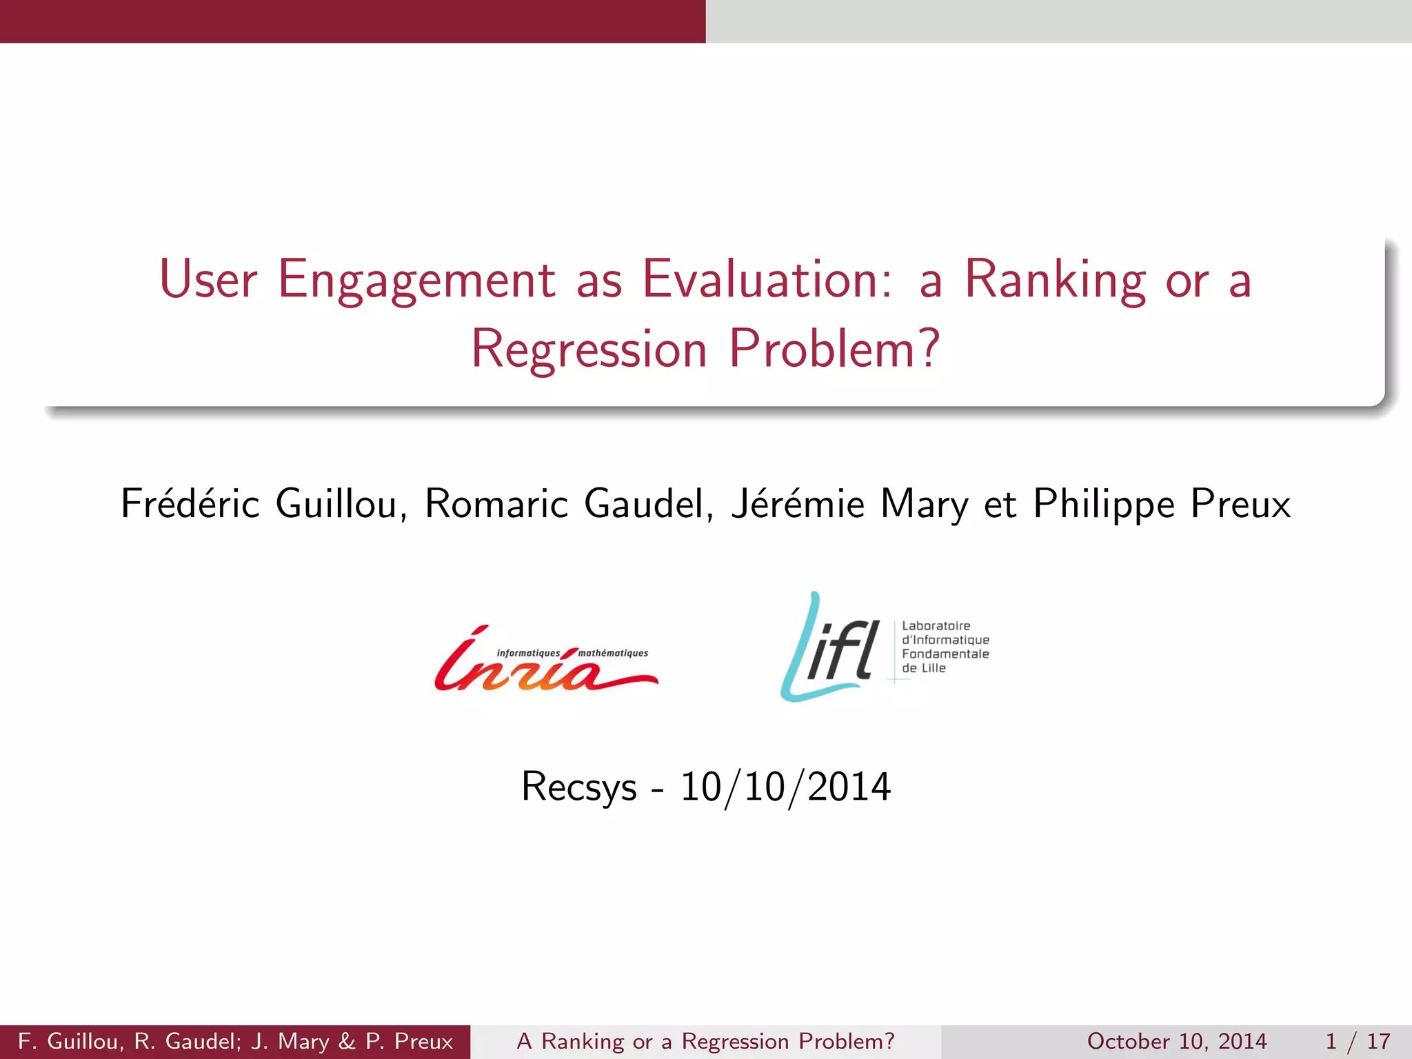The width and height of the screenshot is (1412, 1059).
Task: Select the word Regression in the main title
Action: [589, 350]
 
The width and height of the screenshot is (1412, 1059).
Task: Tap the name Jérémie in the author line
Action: [798, 503]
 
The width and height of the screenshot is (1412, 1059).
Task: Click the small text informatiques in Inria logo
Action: [528, 653]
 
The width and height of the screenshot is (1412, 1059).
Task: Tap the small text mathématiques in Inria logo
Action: [613, 653]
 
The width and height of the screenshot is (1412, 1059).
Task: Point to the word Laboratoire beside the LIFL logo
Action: [936, 626]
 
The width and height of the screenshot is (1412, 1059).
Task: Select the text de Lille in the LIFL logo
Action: [923, 668]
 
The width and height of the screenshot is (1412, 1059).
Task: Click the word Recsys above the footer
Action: [578, 787]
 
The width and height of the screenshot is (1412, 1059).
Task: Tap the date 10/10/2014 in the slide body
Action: [785, 787]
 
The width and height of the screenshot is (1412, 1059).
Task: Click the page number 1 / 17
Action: [1357, 1041]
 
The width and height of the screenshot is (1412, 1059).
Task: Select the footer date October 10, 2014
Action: [1176, 1041]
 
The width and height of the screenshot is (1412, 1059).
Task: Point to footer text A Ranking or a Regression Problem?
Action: [705, 1041]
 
